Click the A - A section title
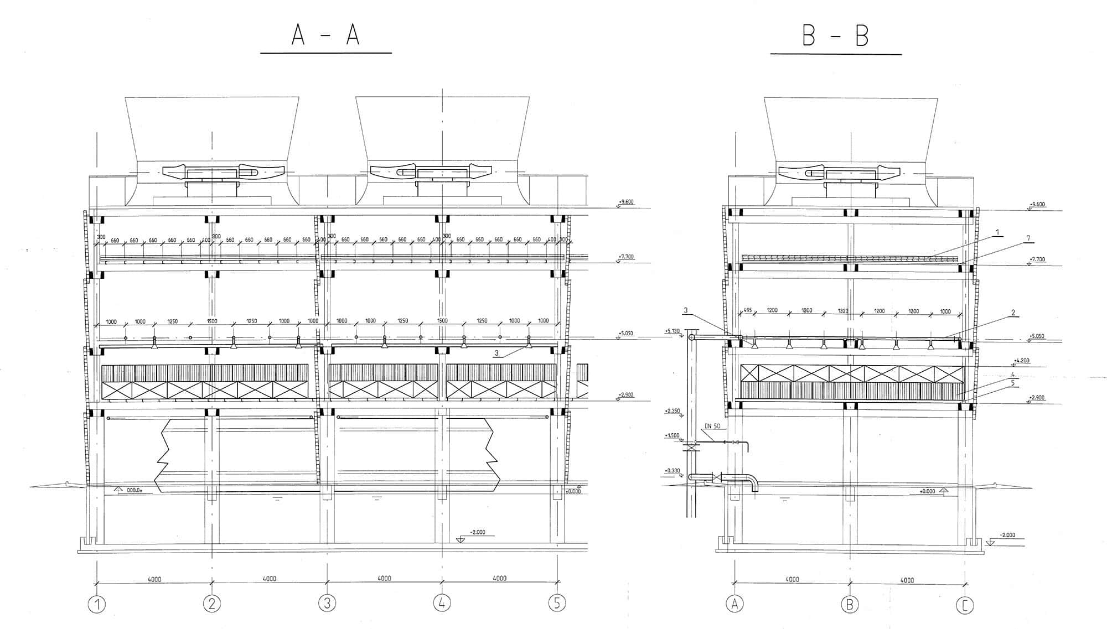[325, 35]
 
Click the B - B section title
[835, 36]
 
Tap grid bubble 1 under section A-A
[97, 604]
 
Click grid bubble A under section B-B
[734, 604]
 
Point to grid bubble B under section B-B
[850, 604]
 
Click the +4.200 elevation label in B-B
[1022, 361]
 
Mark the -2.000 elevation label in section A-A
[477, 532]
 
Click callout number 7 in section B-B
[1028, 238]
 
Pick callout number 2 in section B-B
[1013, 313]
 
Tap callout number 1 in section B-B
[997, 232]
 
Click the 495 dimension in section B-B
[747, 310]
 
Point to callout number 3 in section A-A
[496, 353]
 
